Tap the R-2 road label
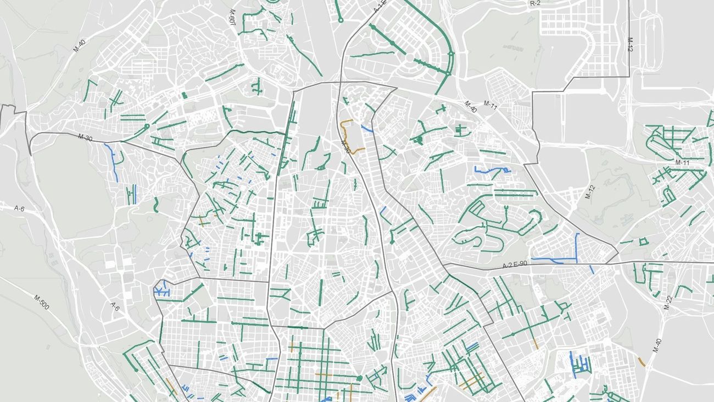coord(535,3)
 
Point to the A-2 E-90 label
coord(515,266)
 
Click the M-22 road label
coord(668,302)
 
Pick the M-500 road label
coord(42,302)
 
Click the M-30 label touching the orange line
coord(345,146)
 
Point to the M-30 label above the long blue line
coord(85,137)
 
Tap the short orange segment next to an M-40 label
coord(642,362)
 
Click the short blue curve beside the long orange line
coord(368,129)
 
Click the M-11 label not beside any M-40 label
coord(682,163)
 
